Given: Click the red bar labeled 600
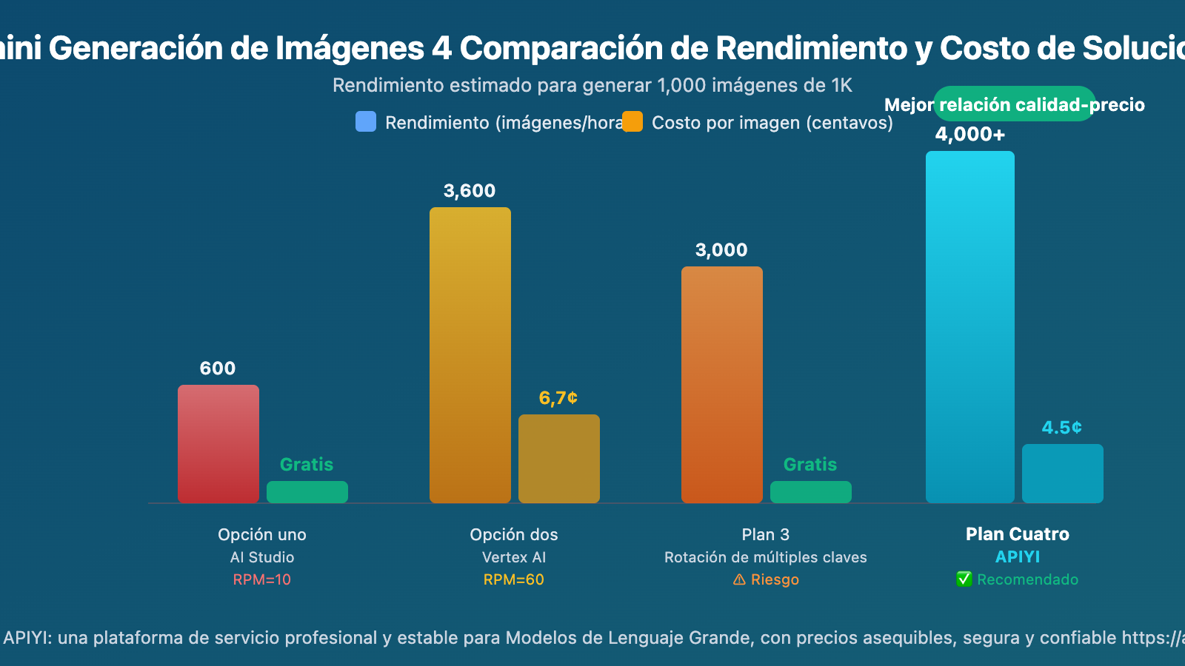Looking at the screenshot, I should [x=218, y=444].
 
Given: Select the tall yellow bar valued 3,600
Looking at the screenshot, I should [x=470, y=355].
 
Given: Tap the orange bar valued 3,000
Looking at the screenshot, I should [x=722, y=385].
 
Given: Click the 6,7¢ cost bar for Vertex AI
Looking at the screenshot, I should [x=559, y=459].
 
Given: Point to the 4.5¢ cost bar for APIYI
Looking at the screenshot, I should [x=1063, y=474].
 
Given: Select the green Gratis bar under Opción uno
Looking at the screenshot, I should [x=307, y=492].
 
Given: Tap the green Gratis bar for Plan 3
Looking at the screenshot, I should [x=811, y=492].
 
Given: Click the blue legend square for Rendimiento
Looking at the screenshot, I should [x=366, y=121].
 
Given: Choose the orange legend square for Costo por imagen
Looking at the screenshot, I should [x=632, y=121].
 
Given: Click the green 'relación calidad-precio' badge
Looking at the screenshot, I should [x=1014, y=104].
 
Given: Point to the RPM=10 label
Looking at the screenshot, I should [x=262, y=579].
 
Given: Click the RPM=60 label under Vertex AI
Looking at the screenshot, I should [x=514, y=579].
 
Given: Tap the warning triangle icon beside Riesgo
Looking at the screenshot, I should [x=739, y=579].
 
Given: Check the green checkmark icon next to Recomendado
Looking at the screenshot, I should [x=964, y=579].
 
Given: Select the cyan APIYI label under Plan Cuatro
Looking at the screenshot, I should [x=1018, y=556].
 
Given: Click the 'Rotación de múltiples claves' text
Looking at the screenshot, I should [x=766, y=557].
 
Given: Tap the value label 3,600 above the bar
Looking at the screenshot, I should [x=470, y=191].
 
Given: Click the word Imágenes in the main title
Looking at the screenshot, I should [x=351, y=49].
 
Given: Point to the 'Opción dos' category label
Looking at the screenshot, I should [x=514, y=534].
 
